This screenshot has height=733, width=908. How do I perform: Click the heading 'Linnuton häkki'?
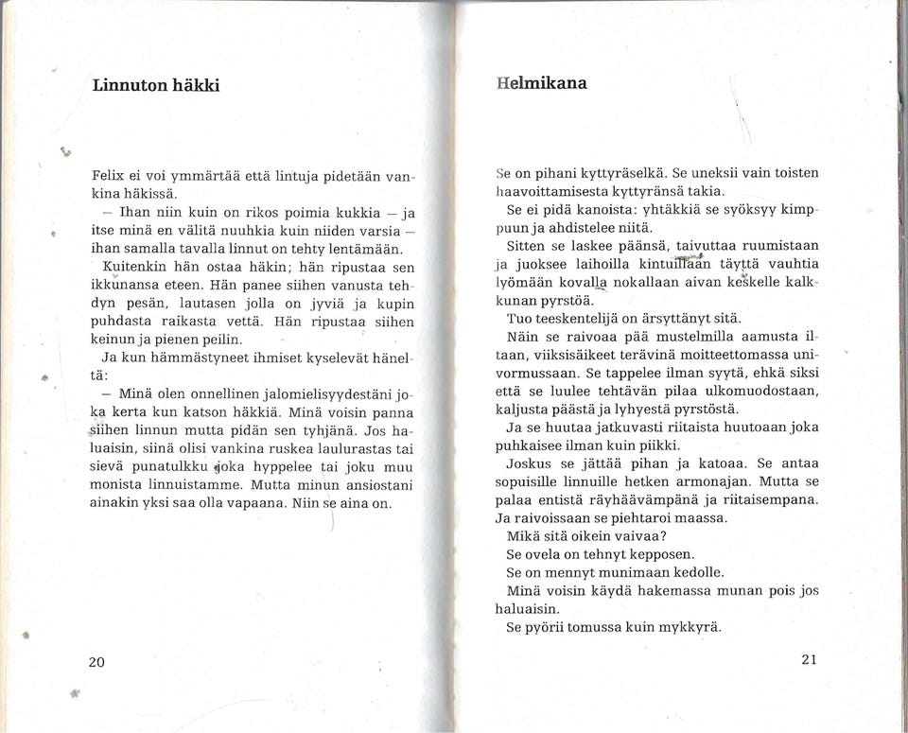click(x=156, y=84)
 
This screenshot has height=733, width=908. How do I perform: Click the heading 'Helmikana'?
click(x=542, y=82)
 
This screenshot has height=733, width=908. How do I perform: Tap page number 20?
click(x=96, y=662)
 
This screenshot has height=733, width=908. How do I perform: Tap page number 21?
click(x=808, y=659)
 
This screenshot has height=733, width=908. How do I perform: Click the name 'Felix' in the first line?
click(x=110, y=176)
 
